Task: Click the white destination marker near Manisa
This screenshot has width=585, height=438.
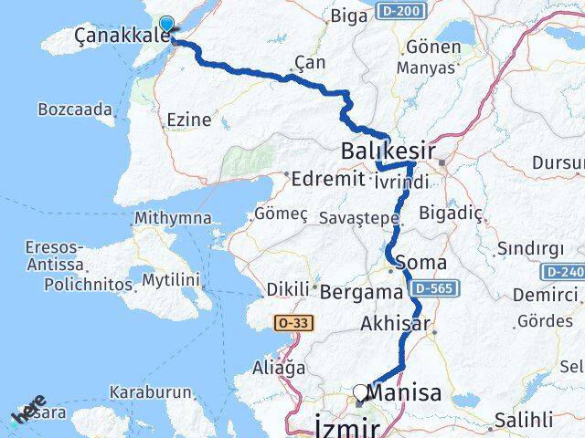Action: click(360, 392)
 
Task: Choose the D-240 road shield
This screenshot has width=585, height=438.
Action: click(563, 272)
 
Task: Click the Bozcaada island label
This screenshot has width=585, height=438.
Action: click(75, 109)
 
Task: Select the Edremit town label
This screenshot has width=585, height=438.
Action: click(327, 179)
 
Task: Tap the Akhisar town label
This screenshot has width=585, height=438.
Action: click(394, 324)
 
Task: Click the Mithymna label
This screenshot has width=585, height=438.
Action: click(172, 218)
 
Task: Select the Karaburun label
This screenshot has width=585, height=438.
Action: click(151, 392)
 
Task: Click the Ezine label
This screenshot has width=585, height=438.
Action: click(189, 120)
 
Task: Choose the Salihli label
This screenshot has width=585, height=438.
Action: click(523, 421)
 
